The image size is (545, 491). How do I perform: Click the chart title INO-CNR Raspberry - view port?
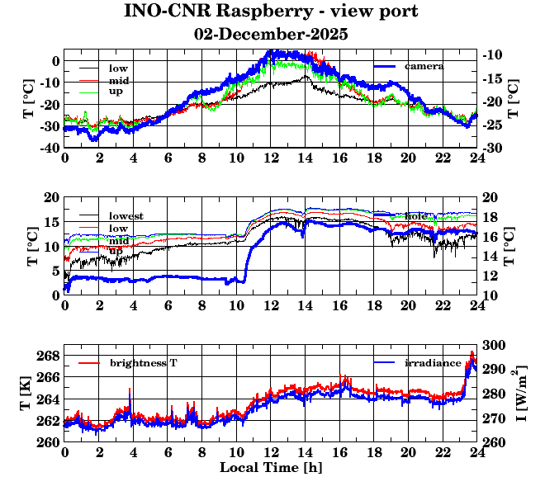tap(271, 12)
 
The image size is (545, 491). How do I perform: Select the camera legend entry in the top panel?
tap(424, 66)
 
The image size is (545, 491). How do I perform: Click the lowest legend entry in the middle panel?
tap(126, 216)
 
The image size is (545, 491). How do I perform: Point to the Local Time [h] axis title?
tap(271, 468)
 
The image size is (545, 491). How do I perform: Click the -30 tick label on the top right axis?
tap(495, 148)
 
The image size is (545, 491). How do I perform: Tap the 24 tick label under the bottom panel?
tap(476, 454)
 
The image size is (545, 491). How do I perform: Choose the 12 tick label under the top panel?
tap(271, 159)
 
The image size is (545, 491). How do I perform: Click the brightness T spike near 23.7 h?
tap(472, 354)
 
